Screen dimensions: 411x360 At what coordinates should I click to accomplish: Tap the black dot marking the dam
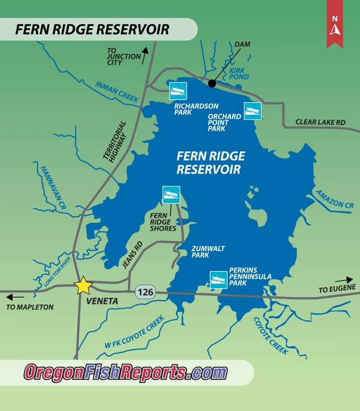pyautogui.click(x=212, y=83)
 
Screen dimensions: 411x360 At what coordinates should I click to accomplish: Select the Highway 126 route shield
pyautogui.click(x=145, y=293)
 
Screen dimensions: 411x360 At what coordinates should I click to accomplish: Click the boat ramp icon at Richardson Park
pyautogui.click(x=178, y=91)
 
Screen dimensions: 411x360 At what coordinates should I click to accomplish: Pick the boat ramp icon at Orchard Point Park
pyautogui.click(x=252, y=111)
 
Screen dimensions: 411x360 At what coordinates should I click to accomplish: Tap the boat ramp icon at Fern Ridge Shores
pyautogui.click(x=171, y=194)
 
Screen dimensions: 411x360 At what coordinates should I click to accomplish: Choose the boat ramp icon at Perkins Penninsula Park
pyautogui.click(x=218, y=280)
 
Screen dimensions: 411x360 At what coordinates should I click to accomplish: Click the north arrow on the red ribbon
pyautogui.click(x=334, y=28)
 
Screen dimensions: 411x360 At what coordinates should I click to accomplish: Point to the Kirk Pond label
pyautogui.click(x=238, y=74)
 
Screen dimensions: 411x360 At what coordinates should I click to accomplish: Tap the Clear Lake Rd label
pyautogui.click(x=320, y=122)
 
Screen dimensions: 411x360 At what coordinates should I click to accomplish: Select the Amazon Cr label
pyautogui.click(x=334, y=198)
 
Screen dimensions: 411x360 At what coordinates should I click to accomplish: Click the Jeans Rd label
pyautogui.click(x=132, y=255)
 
